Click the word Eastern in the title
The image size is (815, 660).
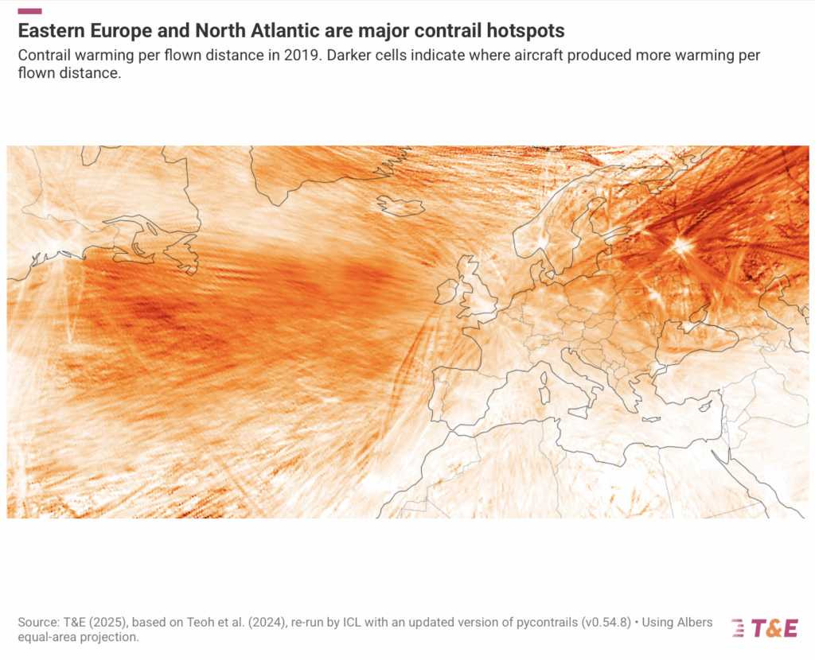[50, 31]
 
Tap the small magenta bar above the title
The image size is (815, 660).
[29, 11]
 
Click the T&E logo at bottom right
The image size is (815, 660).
[763, 627]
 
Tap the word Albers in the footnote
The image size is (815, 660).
[692, 622]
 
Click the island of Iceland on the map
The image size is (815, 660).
[401, 206]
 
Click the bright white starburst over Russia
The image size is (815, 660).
[682, 245]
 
